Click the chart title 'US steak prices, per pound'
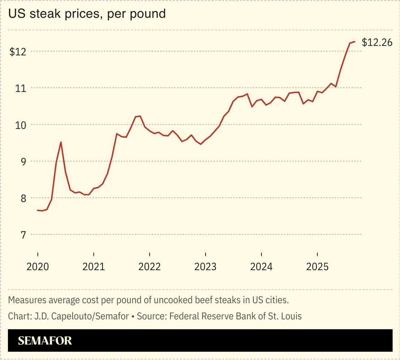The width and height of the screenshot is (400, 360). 87,14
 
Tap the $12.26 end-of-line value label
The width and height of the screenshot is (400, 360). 377,42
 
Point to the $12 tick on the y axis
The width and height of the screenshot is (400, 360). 18,52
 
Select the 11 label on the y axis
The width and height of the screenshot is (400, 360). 20,88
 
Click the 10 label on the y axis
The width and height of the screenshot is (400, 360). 20,125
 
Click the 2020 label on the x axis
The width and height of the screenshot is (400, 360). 37,267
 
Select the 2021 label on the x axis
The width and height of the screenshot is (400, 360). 93,267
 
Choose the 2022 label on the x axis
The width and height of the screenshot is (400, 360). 149,267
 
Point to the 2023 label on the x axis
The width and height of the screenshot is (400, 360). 205,267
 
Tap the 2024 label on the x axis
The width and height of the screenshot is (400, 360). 261,267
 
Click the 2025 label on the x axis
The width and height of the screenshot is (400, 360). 317,267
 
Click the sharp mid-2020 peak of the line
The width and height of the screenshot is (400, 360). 61,142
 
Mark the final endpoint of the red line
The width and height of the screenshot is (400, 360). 355,42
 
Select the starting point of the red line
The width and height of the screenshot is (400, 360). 37,210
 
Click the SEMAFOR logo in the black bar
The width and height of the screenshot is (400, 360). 45,341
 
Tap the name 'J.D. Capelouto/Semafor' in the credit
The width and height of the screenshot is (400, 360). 81,316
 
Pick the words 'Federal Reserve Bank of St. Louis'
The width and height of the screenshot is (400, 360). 235,316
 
